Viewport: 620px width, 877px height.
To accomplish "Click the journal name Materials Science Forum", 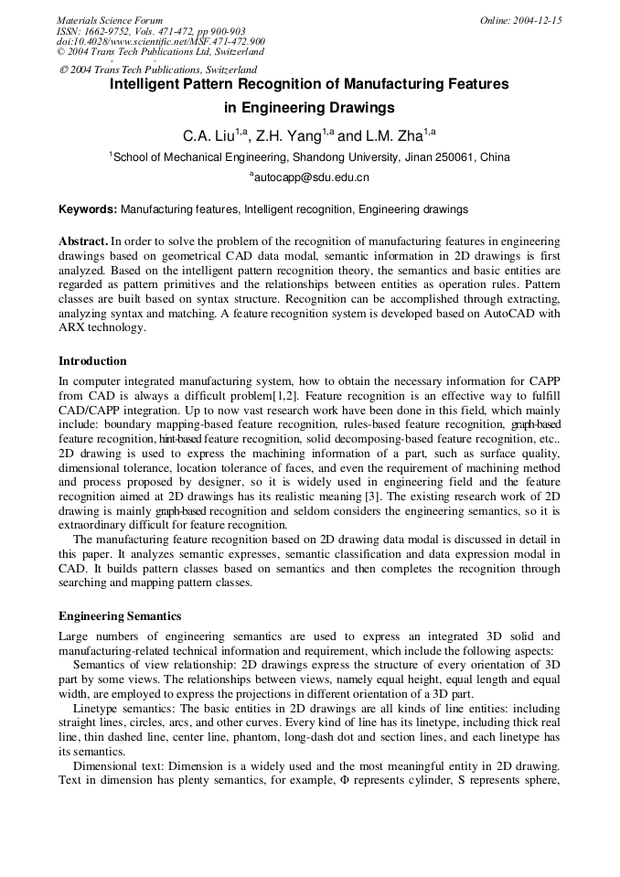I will [110, 20].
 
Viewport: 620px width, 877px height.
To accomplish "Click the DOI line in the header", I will [161, 41].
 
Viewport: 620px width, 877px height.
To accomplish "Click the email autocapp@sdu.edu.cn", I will [310, 178].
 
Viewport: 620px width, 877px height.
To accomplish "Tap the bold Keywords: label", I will [88, 209].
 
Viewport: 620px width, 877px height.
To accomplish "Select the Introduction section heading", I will [92, 361].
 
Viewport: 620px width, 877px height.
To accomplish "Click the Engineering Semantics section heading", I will [120, 616].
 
